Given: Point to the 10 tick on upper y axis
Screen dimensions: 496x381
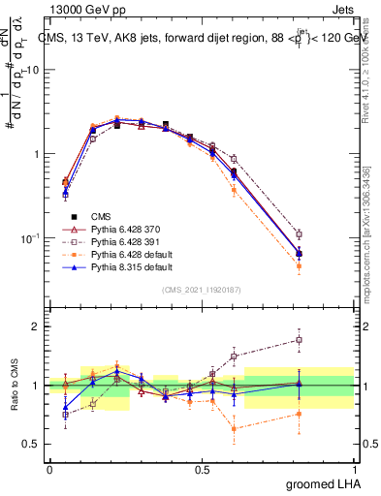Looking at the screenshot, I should tap(34, 70).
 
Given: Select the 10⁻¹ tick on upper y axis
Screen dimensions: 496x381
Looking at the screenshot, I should tap(32, 238).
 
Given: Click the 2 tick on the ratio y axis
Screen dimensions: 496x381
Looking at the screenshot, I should tap(37, 326).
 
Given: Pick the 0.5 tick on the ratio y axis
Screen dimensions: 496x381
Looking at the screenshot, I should tap(34, 445).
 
